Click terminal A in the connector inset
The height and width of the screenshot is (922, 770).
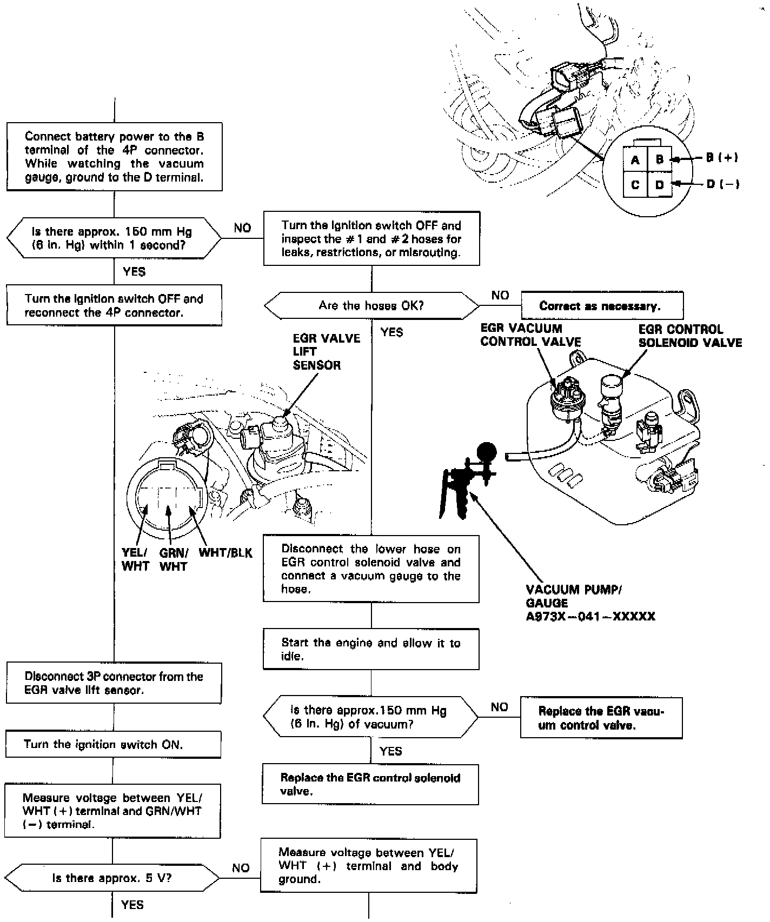point(635,160)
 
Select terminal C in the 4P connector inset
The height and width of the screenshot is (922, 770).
point(635,185)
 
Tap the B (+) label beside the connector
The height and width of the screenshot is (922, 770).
point(721,158)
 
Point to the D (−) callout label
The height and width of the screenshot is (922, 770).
point(722,184)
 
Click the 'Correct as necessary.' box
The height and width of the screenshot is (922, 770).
point(602,306)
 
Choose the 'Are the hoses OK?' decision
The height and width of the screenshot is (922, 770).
point(371,306)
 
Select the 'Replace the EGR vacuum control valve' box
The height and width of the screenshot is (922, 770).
point(601,718)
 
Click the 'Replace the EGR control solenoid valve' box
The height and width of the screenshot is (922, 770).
point(370,784)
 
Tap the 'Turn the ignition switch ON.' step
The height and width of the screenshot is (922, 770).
point(114,745)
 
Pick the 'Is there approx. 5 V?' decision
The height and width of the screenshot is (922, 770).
point(112,878)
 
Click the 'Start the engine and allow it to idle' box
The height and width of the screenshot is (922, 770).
point(371,649)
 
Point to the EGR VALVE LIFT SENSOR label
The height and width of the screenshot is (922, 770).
point(326,352)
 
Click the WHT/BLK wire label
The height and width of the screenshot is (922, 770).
point(225,553)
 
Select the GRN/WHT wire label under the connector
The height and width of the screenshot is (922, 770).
point(173,560)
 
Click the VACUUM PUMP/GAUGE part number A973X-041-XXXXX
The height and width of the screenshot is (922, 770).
point(590,617)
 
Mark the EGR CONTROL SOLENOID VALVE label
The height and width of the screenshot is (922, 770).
point(690,336)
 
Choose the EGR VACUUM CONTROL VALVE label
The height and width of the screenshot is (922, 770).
point(530,335)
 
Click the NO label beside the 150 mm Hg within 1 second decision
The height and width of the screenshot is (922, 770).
point(242,228)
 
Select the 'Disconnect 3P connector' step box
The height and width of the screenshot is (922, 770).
point(114,683)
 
